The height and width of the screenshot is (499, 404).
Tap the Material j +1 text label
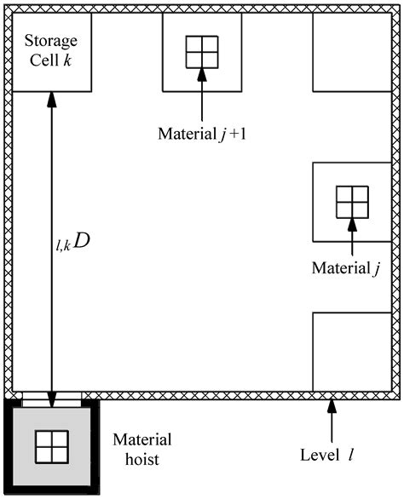pyautogui.click(x=203, y=133)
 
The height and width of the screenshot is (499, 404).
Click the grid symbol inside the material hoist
pyautogui.click(x=50, y=445)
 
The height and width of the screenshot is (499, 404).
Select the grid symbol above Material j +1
pyautogui.click(x=202, y=52)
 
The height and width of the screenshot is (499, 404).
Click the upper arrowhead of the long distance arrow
pyautogui.click(x=51, y=99)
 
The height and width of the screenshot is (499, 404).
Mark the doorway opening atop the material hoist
pyautogui.click(x=51, y=396)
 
